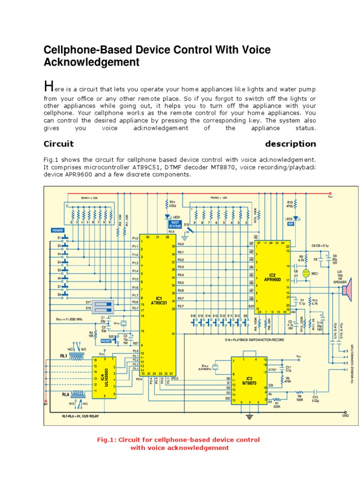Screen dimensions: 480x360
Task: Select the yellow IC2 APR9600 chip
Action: tap(273, 277)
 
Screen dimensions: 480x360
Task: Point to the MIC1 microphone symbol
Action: tap(306, 273)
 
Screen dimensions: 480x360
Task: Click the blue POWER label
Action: tap(58, 230)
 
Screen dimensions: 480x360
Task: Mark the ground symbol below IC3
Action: tap(249, 416)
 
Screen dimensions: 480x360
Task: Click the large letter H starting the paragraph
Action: tap(48, 86)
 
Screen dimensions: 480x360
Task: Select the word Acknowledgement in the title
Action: tap(91, 62)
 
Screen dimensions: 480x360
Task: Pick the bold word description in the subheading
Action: tap(290, 144)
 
